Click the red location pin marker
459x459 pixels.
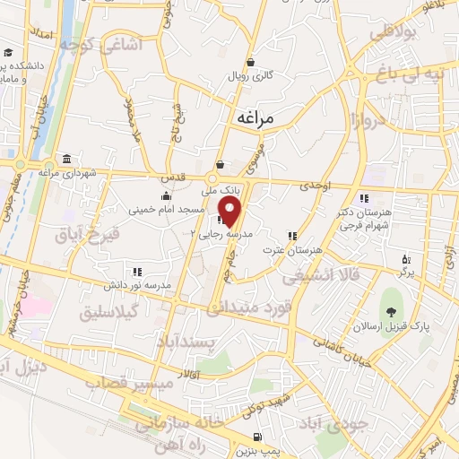230,212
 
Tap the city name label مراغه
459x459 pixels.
261,117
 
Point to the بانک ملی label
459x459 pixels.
230,190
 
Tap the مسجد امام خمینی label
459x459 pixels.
178,208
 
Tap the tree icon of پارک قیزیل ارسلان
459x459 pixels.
390,312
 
